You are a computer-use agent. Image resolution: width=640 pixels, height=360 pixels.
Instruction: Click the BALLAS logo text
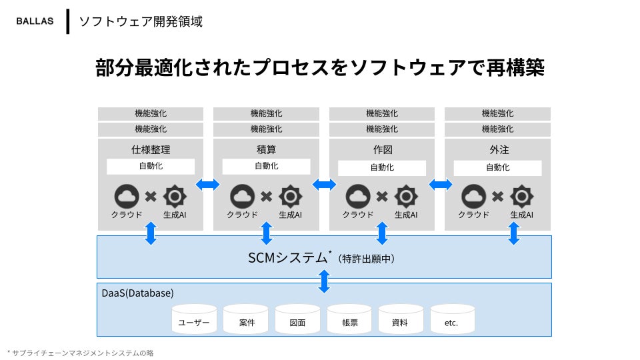tap(35, 21)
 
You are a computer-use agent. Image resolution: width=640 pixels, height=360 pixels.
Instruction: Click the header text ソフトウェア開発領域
tap(141, 21)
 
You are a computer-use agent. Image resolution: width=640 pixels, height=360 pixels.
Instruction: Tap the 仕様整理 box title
tap(151, 149)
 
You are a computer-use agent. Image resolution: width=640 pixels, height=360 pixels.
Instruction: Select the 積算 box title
tap(266, 149)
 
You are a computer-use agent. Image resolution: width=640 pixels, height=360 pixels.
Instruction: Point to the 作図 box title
tap(382, 149)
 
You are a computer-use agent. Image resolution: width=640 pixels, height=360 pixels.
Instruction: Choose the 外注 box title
tap(497, 149)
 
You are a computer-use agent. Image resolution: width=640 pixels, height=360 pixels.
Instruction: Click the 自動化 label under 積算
tap(266, 166)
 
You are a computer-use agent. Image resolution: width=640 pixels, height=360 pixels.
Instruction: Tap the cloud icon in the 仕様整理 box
tap(127, 196)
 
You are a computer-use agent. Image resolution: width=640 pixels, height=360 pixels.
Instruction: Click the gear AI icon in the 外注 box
tap(522, 196)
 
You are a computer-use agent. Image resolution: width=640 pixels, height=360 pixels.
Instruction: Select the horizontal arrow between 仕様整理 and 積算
tap(208, 184)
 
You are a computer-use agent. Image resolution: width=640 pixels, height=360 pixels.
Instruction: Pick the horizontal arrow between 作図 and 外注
tap(440, 184)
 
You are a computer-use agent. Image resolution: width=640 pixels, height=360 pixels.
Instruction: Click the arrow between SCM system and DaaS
tap(324, 281)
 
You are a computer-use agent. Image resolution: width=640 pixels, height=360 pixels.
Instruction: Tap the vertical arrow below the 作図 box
tap(382, 233)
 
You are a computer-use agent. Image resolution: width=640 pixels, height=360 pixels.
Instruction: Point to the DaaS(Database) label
tap(137, 293)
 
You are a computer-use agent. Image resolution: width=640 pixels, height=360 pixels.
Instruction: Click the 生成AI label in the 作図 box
tap(405, 215)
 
